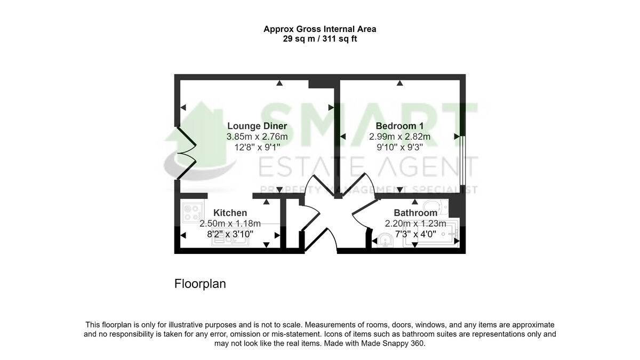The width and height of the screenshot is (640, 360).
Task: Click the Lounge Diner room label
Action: pos(257,126)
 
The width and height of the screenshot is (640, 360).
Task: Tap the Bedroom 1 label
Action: pos(399,126)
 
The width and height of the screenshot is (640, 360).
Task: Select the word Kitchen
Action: pos(230,213)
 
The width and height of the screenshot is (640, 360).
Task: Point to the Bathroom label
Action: pos(415,213)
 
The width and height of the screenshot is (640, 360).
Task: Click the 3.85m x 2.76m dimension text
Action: pos(257,137)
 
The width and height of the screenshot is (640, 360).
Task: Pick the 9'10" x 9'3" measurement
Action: pos(399,147)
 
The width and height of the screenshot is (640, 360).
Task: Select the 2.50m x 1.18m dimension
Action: pos(230,223)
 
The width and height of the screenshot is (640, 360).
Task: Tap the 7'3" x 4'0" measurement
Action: pos(415,234)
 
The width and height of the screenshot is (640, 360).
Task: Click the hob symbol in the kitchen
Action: pos(190,213)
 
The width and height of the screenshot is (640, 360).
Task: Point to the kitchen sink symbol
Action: pos(230,241)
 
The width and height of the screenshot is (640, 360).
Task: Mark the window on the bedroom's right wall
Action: pos(462,160)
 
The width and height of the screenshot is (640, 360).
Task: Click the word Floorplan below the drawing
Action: pos(200,284)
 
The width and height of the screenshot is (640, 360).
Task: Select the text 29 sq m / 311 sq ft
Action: pos(320,38)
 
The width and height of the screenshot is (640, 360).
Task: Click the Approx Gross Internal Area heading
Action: pos(320,29)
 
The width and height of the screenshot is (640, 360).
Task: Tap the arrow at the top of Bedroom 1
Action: pos(399,83)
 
